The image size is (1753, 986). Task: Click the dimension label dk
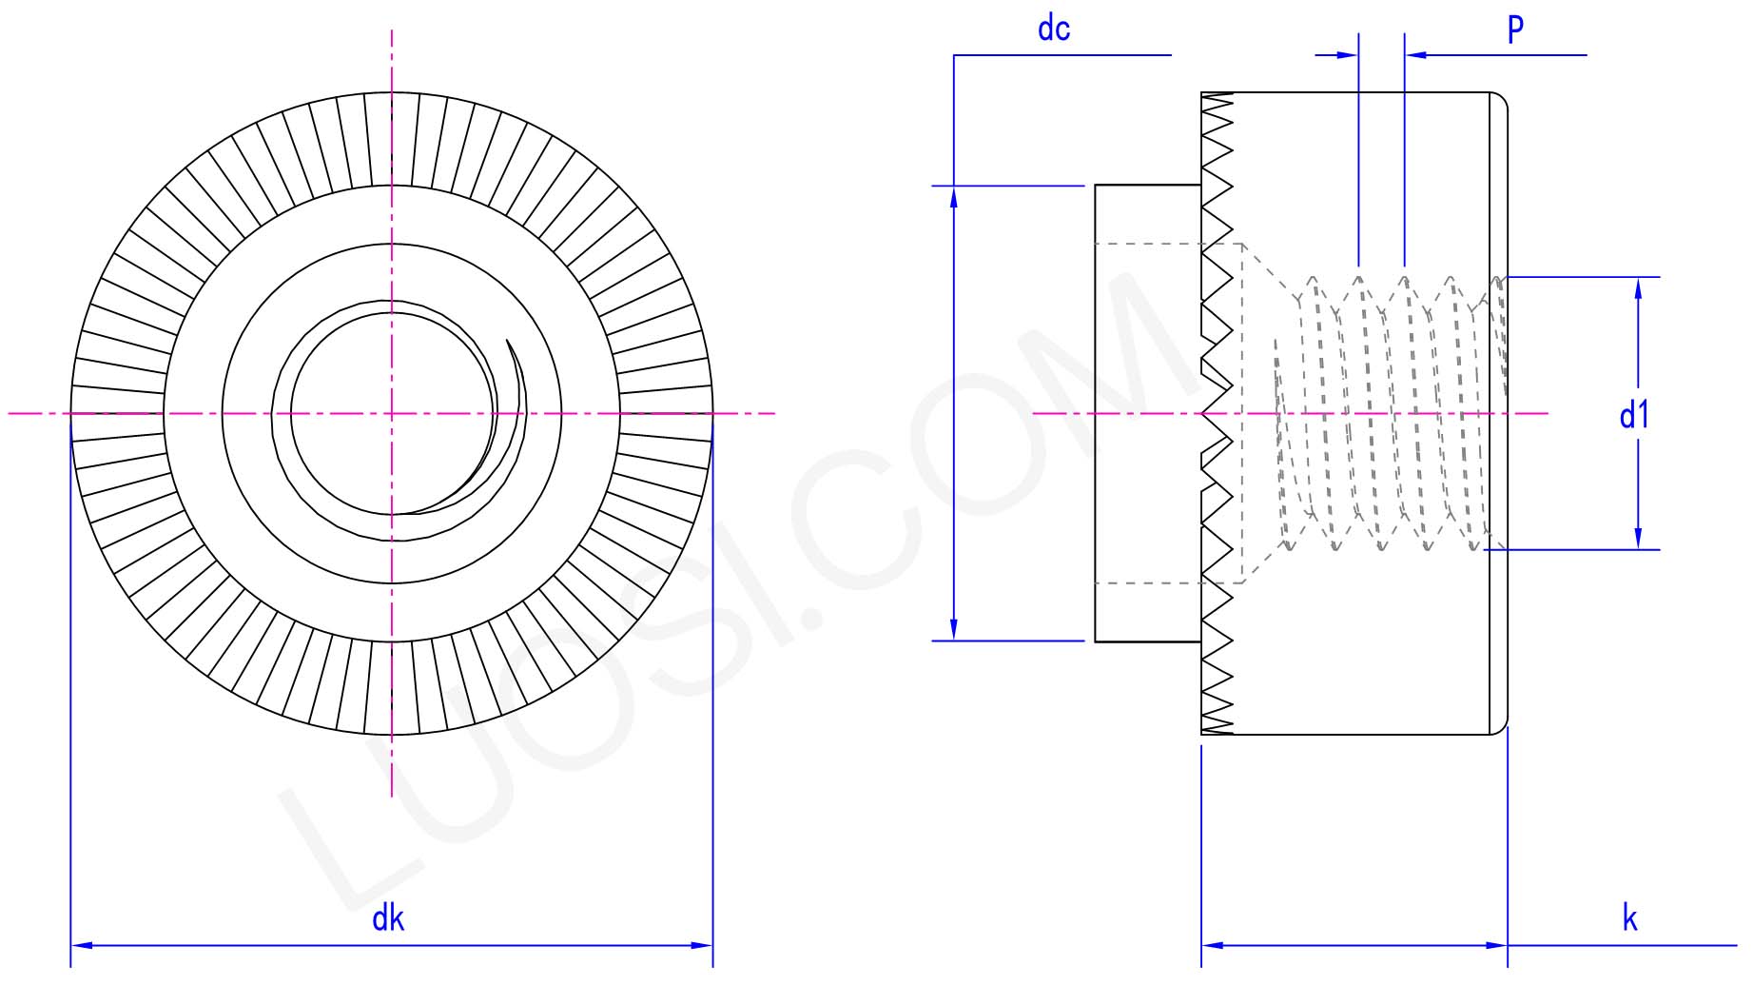pyautogui.click(x=388, y=918)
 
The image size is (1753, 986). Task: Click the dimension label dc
pyautogui.click(x=1053, y=30)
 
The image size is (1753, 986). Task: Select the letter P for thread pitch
pyautogui.click(x=1515, y=29)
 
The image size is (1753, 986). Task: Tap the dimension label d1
pyautogui.click(x=1634, y=415)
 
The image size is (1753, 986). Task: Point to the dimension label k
pyautogui.click(x=1630, y=918)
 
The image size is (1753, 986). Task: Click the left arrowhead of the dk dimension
pyautogui.click(x=82, y=945)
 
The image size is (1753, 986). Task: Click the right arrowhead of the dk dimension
pyautogui.click(x=702, y=945)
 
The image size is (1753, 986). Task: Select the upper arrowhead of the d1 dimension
pyautogui.click(x=1638, y=288)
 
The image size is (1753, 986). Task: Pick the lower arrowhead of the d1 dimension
pyautogui.click(x=1638, y=539)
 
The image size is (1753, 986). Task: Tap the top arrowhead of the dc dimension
pyautogui.click(x=954, y=196)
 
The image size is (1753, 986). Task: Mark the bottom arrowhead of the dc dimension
pyautogui.click(x=954, y=629)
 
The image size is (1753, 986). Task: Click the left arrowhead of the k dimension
pyautogui.click(x=1213, y=945)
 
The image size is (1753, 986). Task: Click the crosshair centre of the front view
pyautogui.click(x=392, y=413)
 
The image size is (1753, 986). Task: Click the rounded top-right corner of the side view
pyautogui.click(x=1500, y=100)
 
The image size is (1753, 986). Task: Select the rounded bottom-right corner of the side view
pyautogui.click(x=1500, y=727)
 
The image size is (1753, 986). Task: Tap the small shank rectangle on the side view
pyautogui.click(x=1147, y=413)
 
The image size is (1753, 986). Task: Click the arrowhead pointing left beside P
pyautogui.click(x=1416, y=55)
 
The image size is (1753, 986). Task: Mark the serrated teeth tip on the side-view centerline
pyautogui.click(x=1204, y=413)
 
